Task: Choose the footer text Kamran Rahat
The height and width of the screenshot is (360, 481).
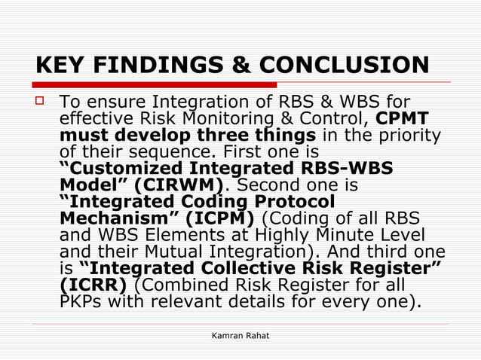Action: [x=240, y=334]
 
